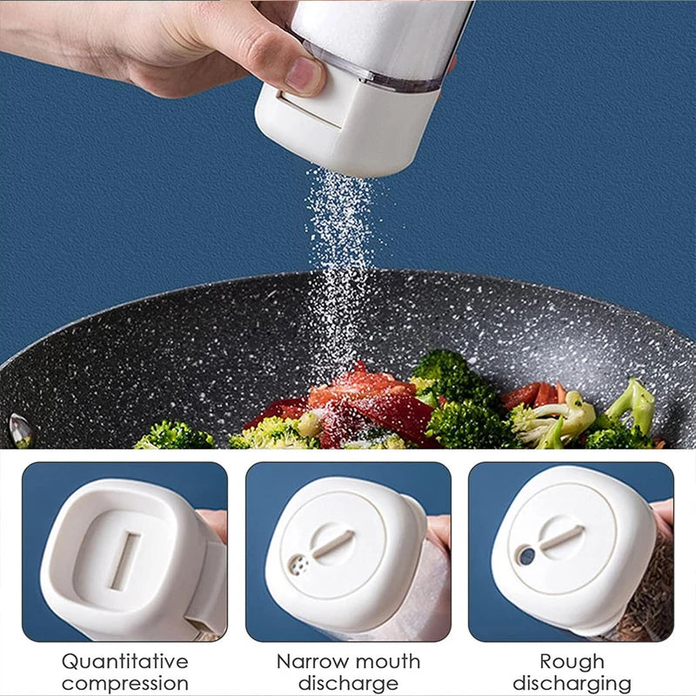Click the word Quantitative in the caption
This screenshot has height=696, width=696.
click(x=125, y=661)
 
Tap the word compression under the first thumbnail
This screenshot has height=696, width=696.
click(x=125, y=683)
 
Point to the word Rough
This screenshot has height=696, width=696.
click(x=572, y=661)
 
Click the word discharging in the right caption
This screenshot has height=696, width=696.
click(x=572, y=683)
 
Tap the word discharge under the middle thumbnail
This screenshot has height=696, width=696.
click(x=348, y=683)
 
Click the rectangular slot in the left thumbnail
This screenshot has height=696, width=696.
click(x=124, y=561)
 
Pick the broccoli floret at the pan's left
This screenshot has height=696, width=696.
click(x=174, y=434)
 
